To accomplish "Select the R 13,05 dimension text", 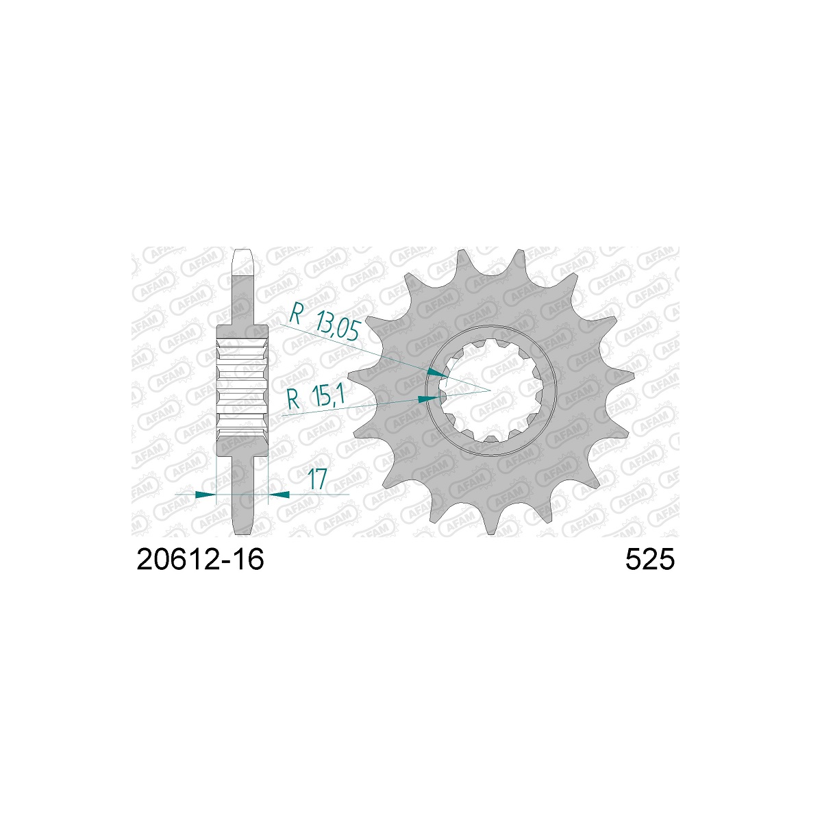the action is pos(324,321).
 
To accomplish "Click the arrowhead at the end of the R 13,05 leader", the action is pos(438,373).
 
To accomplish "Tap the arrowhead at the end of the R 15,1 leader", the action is pos(428,399).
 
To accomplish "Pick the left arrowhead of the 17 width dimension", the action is pos(206,495).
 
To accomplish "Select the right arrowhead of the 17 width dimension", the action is pos(279,495).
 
